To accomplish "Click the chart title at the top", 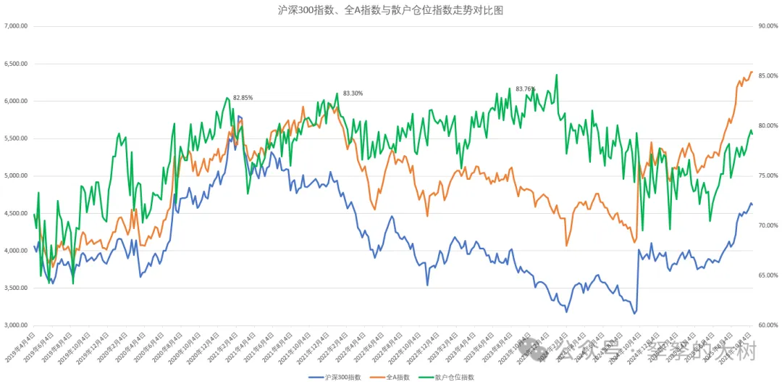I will [392, 10].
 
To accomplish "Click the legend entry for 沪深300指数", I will [335, 377].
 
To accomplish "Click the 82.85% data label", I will [243, 97].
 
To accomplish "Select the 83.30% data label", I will [353, 93].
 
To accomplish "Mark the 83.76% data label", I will [525, 88].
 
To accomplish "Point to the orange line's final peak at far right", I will [752, 72].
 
